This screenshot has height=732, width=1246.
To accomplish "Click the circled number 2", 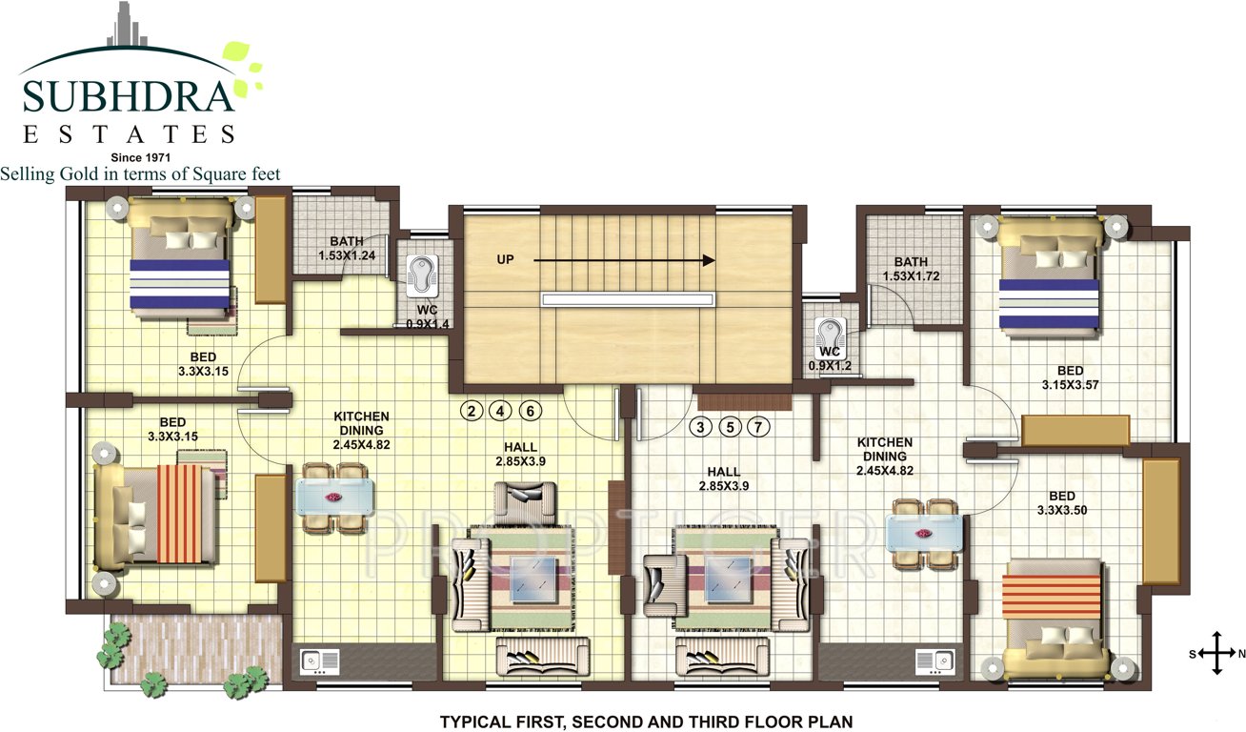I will click(x=471, y=412).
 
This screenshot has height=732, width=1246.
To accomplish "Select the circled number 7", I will click(x=758, y=427).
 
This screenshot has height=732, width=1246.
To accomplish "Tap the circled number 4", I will click(x=501, y=412).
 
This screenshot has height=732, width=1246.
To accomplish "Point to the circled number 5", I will click(x=730, y=427).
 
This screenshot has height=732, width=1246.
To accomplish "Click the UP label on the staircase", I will click(x=505, y=259).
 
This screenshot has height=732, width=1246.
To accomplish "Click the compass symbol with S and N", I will click(x=1216, y=654).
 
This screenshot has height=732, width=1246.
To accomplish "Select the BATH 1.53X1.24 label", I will click(x=346, y=249).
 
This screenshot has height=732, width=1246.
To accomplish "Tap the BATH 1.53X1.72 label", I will click(x=911, y=270).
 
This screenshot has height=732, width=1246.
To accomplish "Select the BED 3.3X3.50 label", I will click(x=1061, y=503).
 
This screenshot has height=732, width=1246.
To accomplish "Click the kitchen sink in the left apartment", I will click(x=319, y=661).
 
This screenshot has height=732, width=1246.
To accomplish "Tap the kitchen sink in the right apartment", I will click(x=934, y=661).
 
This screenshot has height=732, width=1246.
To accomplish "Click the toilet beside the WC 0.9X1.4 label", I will click(x=421, y=274).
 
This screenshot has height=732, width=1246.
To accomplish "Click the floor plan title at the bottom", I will click(x=645, y=722).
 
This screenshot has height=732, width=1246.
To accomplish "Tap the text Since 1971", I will click(x=140, y=156).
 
